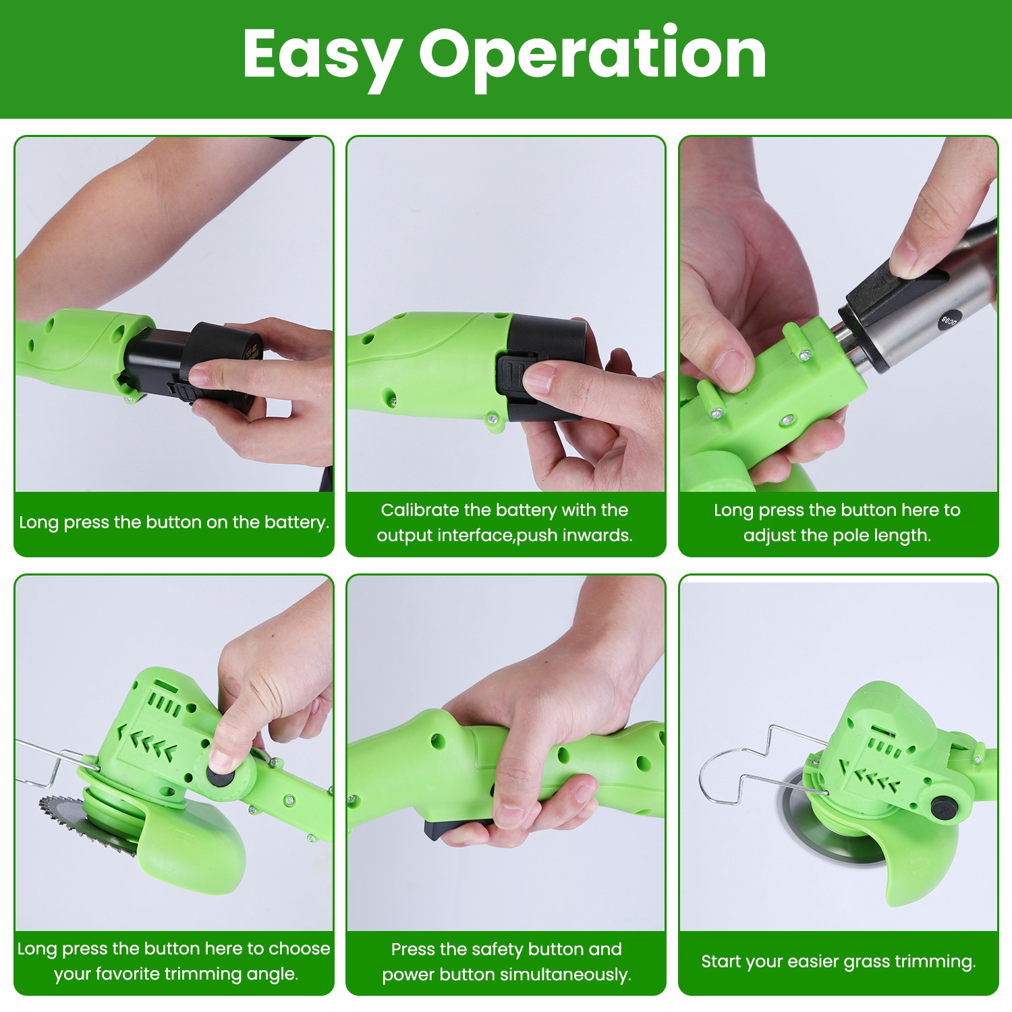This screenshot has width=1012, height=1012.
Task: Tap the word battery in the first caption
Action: pyautogui.click(x=296, y=522)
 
